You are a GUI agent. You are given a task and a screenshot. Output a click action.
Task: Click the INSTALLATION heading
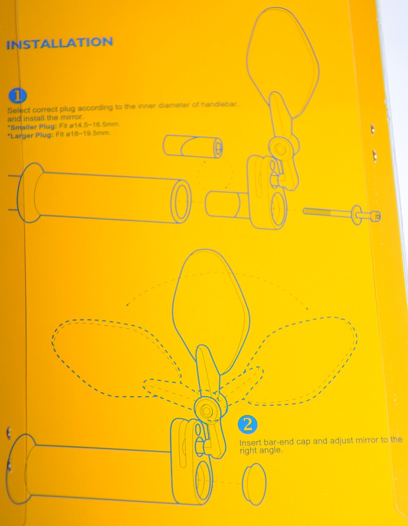(60, 43)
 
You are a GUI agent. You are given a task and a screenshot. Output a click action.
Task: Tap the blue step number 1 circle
(17, 96)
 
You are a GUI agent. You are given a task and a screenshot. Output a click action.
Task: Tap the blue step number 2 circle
(247, 424)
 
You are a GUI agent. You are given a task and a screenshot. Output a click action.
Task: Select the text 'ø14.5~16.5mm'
(94, 125)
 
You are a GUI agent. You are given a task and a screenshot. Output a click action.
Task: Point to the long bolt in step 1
(342, 214)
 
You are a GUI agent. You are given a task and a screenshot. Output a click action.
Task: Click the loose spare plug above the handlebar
(193, 146)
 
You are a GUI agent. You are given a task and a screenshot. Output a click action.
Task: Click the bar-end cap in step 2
(254, 484)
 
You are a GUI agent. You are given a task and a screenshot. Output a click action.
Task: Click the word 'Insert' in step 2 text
(250, 442)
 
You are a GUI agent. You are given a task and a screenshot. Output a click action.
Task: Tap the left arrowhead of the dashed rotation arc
(128, 304)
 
